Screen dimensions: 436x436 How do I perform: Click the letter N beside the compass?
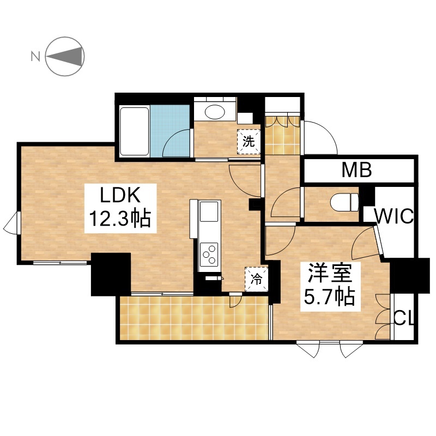(x=35, y=57)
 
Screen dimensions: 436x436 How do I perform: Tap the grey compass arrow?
(x=65, y=57)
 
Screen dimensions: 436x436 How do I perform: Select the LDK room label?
(x=120, y=195)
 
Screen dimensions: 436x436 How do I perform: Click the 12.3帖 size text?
(x=120, y=219)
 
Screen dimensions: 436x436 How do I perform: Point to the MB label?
(x=357, y=170)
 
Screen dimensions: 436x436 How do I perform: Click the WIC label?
(x=394, y=216)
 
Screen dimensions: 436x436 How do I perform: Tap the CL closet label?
(x=404, y=318)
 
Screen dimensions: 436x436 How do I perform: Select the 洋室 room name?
(x=330, y=274)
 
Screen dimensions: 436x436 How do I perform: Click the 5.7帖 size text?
(x=330, y=296)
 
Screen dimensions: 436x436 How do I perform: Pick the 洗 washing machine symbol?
(x=249, y=142)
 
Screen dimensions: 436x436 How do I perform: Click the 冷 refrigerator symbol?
(x=256, y=279)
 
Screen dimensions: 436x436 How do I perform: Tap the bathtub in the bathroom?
(x=134, y=131)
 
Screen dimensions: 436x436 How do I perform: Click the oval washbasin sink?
(x=215, y=112)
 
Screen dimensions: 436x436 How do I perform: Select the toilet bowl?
(x=344, y=202)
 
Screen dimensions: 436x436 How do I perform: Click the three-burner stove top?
(x=209, y=254)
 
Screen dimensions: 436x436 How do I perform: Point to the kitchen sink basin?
(x=209, y=211)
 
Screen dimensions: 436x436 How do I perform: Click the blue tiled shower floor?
(x=170, y=131)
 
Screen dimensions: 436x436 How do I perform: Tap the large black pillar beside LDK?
(x=111, y=274)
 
